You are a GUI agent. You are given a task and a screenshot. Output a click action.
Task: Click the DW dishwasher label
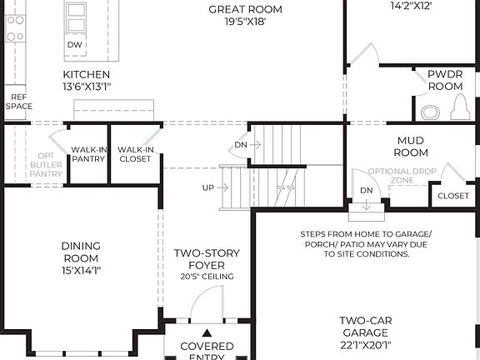click(74, 43)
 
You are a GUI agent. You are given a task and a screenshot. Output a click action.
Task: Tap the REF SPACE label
click(18, 102)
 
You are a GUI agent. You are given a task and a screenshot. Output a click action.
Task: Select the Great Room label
click(244, 10)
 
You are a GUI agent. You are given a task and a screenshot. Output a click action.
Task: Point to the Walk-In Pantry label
click(87, 154)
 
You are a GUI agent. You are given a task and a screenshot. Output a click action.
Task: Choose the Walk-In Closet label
click(134, 154)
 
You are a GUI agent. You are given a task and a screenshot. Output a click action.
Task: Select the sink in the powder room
click(430, 111)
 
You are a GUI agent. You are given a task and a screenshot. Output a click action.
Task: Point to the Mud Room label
click(412, 147)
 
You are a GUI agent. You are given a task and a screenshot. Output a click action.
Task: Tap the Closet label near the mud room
click(452, 196)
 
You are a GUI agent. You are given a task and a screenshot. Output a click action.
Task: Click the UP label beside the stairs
click(207, 187)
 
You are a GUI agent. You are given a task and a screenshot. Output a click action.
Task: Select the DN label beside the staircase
click(240, 144)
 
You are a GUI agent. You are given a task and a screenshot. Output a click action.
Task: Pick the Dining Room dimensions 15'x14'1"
click(81, 270)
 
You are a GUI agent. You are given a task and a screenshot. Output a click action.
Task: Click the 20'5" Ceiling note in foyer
click(206, 277)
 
